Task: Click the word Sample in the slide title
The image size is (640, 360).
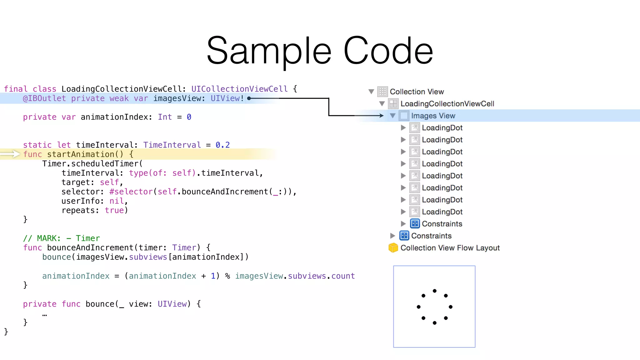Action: (269, 51)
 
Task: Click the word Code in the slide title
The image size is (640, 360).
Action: (388, 51)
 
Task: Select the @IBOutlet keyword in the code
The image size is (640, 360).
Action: (44, 98)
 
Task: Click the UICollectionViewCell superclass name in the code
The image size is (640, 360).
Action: (239, 89)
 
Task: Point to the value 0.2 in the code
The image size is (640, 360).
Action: (222, 145)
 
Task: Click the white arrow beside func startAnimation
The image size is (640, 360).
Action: (11, 154)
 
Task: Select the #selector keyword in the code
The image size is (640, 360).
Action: (131, 192)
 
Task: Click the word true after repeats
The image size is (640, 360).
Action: (114, 210)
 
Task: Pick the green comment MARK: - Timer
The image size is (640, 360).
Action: (62, 238)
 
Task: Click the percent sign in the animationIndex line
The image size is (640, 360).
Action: (227, 276)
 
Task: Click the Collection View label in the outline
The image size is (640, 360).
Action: (417, 92)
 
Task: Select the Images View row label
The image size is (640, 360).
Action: (433, 116)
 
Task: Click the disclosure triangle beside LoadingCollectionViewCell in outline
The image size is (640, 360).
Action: (382, 104)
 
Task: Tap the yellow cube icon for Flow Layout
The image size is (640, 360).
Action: (393, 248)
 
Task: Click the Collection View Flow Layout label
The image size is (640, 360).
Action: (450, 248)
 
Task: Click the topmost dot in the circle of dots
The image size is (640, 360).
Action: (434, 291)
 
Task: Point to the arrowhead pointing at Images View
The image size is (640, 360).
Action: (381, 116)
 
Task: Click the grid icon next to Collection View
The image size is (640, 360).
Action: (382, 92)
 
